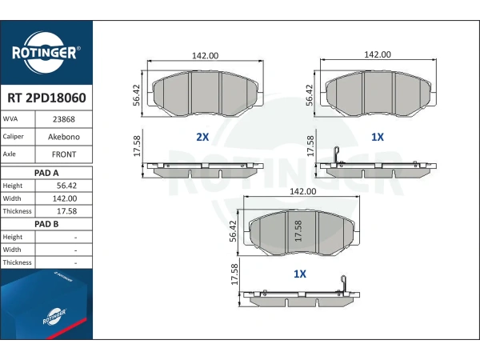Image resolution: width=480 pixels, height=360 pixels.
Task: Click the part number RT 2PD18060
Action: pos(46,98)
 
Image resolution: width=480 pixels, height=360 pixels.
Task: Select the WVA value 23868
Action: pos(64,119)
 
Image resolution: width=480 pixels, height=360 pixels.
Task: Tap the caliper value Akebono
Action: pos(64,137)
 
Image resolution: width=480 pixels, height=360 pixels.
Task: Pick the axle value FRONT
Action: pos(64,154)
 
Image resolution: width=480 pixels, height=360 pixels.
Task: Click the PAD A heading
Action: pos(46,173)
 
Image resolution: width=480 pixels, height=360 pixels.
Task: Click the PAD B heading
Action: pos(46,224)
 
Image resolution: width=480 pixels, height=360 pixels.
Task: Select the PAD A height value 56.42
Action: pos(66,186)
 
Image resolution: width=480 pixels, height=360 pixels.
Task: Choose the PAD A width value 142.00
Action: pos(65,198)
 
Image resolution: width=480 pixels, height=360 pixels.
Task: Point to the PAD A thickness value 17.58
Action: pos(66,211)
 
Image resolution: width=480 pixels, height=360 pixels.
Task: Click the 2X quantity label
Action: pos(202,137)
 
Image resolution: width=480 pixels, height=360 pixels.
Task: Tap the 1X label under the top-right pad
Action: pos(377,137)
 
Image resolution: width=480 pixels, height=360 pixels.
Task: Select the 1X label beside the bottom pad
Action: pos(300,274)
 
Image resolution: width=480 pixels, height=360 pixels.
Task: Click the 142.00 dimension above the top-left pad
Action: pos(205,56)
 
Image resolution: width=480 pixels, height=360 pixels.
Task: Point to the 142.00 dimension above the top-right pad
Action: pos(378,54)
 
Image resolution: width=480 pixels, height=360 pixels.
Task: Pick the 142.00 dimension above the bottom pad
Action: pos(302,191)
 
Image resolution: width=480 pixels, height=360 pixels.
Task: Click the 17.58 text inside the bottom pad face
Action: pos(298,231)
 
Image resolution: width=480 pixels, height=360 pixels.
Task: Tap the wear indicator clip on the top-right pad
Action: pos(337,155)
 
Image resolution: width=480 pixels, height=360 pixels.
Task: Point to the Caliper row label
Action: pos(13,137)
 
